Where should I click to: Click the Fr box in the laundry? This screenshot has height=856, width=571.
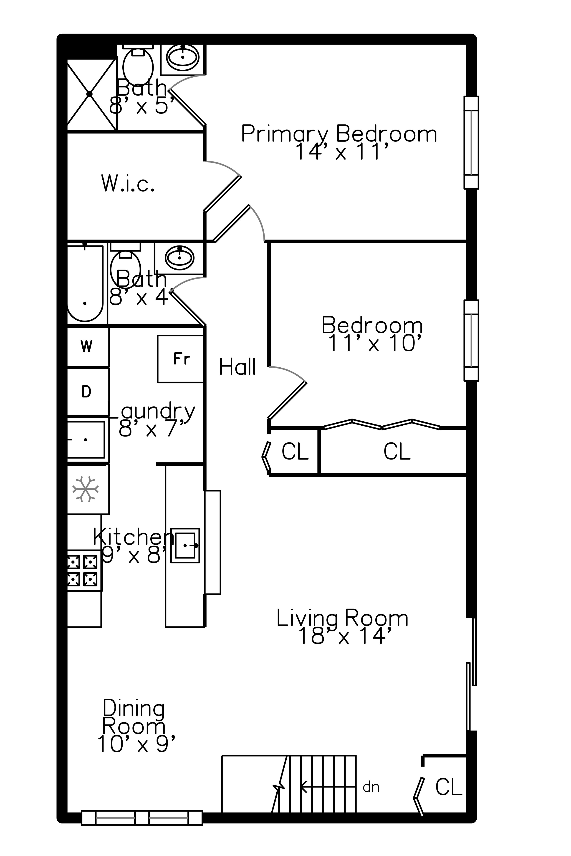[x=180, y=359]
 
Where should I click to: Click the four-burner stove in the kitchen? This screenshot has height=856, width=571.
[x=84, y=570]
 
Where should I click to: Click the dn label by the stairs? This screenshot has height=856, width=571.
[x=371, y=787]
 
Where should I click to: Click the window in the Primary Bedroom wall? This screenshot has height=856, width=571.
[x=471, y=142]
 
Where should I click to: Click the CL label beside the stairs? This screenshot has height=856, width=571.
[x=449, y=787]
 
